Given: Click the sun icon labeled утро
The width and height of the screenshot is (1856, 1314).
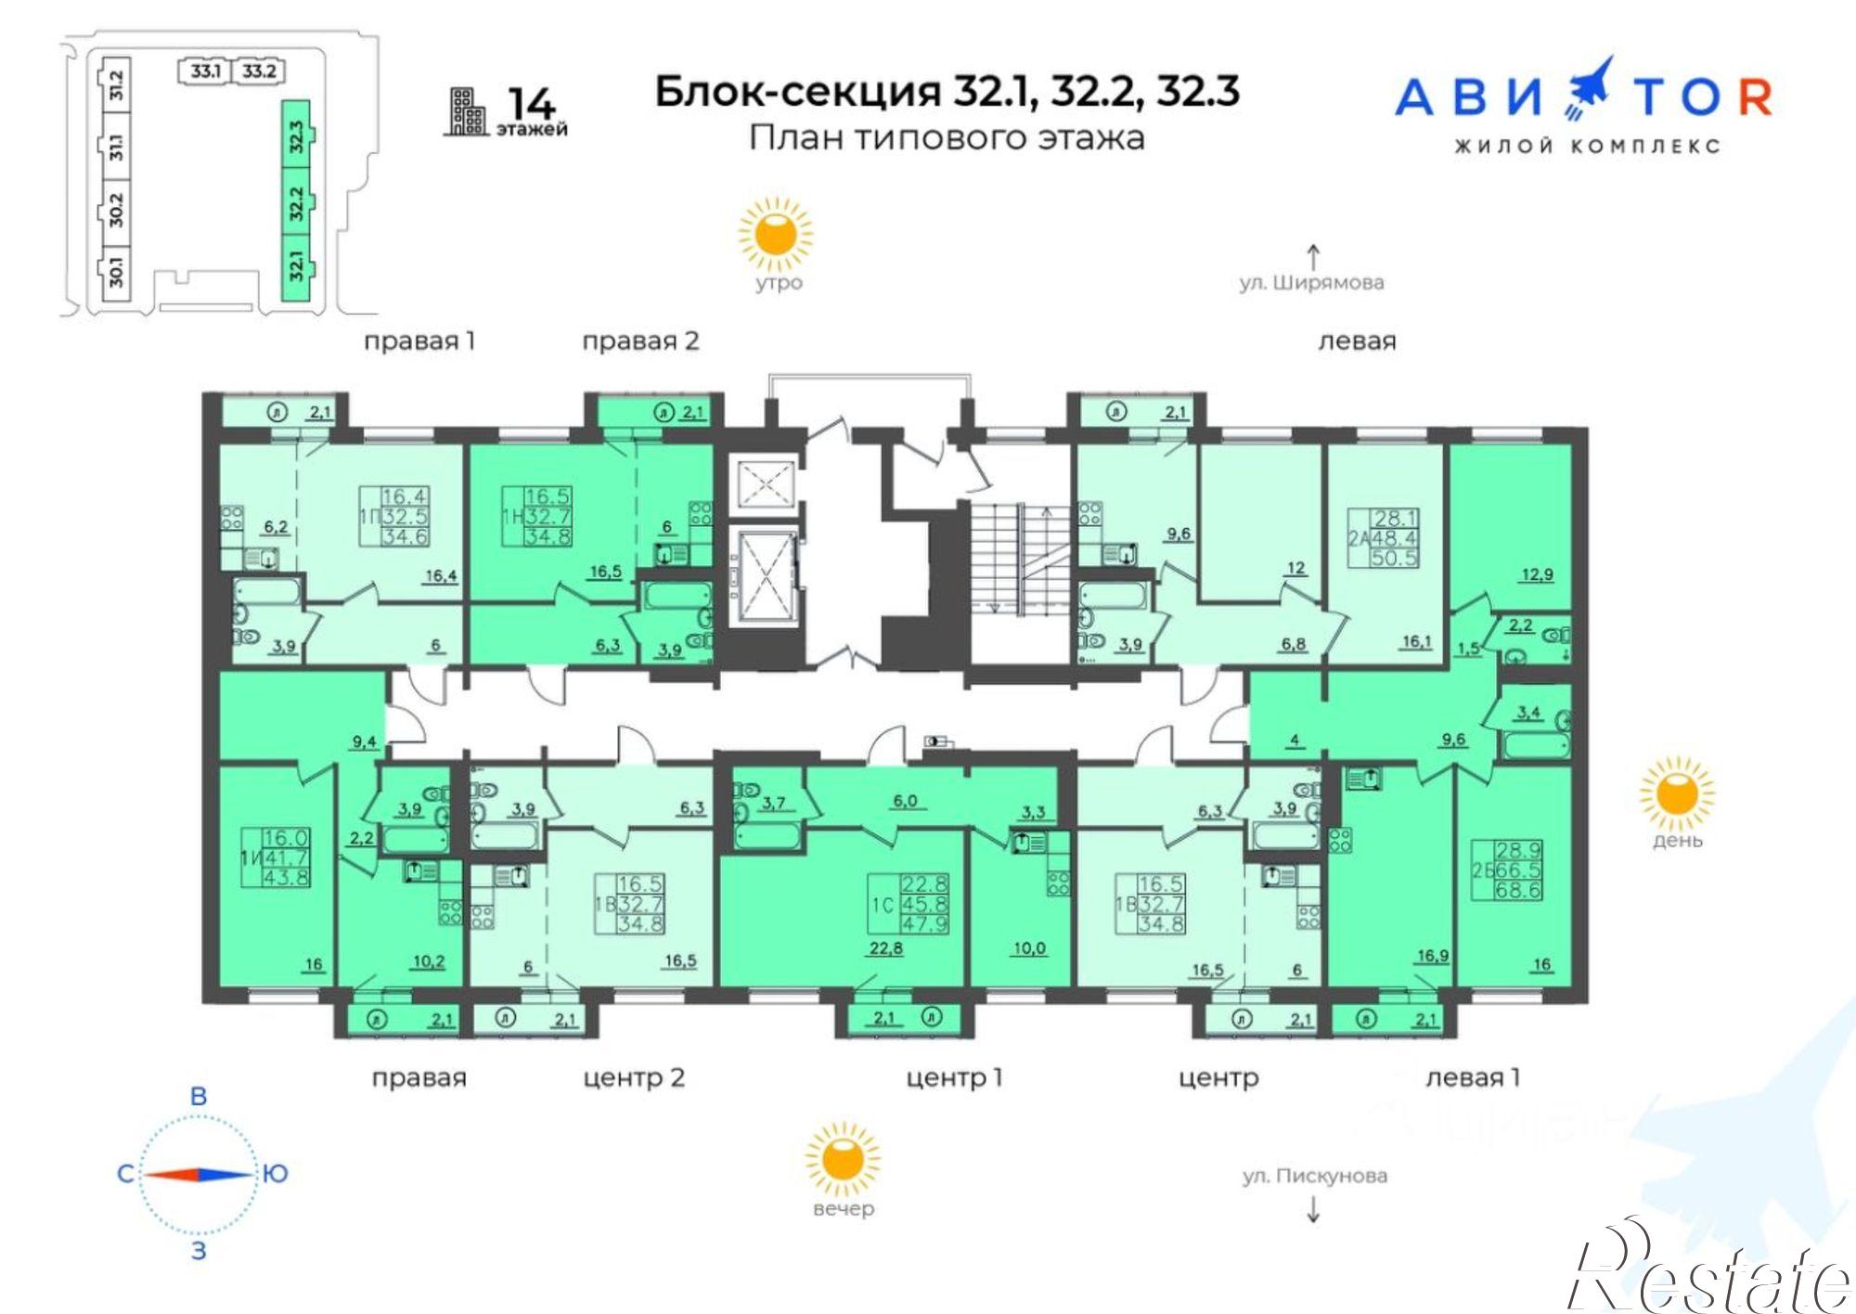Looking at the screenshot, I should (x=775, y=233).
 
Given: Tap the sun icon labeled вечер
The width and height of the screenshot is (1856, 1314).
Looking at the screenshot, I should (x=842, y=1159).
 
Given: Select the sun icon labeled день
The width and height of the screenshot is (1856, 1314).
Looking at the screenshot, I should (x=1676, y=793).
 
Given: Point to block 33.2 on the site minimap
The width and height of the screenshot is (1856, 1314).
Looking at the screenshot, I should (x=259, y=71).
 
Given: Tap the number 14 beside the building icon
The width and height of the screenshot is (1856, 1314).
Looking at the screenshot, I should (x=532, y=105).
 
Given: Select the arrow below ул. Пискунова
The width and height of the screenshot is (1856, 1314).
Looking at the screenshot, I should (x=1312, y=1209).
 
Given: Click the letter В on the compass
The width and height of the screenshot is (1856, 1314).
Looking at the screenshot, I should (x=199, y=1096).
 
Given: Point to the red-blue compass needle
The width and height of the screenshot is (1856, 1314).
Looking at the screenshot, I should (x=199, y=1175).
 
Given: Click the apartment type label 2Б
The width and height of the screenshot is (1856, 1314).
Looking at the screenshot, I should (x=1482, y=870).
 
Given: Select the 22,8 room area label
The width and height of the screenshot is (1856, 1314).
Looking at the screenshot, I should (x=884, y=947).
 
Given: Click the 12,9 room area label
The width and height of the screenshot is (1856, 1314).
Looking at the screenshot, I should (x=1536, y=574).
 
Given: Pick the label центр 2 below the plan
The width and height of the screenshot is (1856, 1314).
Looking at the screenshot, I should (x=634, y=1077).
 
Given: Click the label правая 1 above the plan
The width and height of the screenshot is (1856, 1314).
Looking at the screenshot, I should (x=419, y=341).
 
